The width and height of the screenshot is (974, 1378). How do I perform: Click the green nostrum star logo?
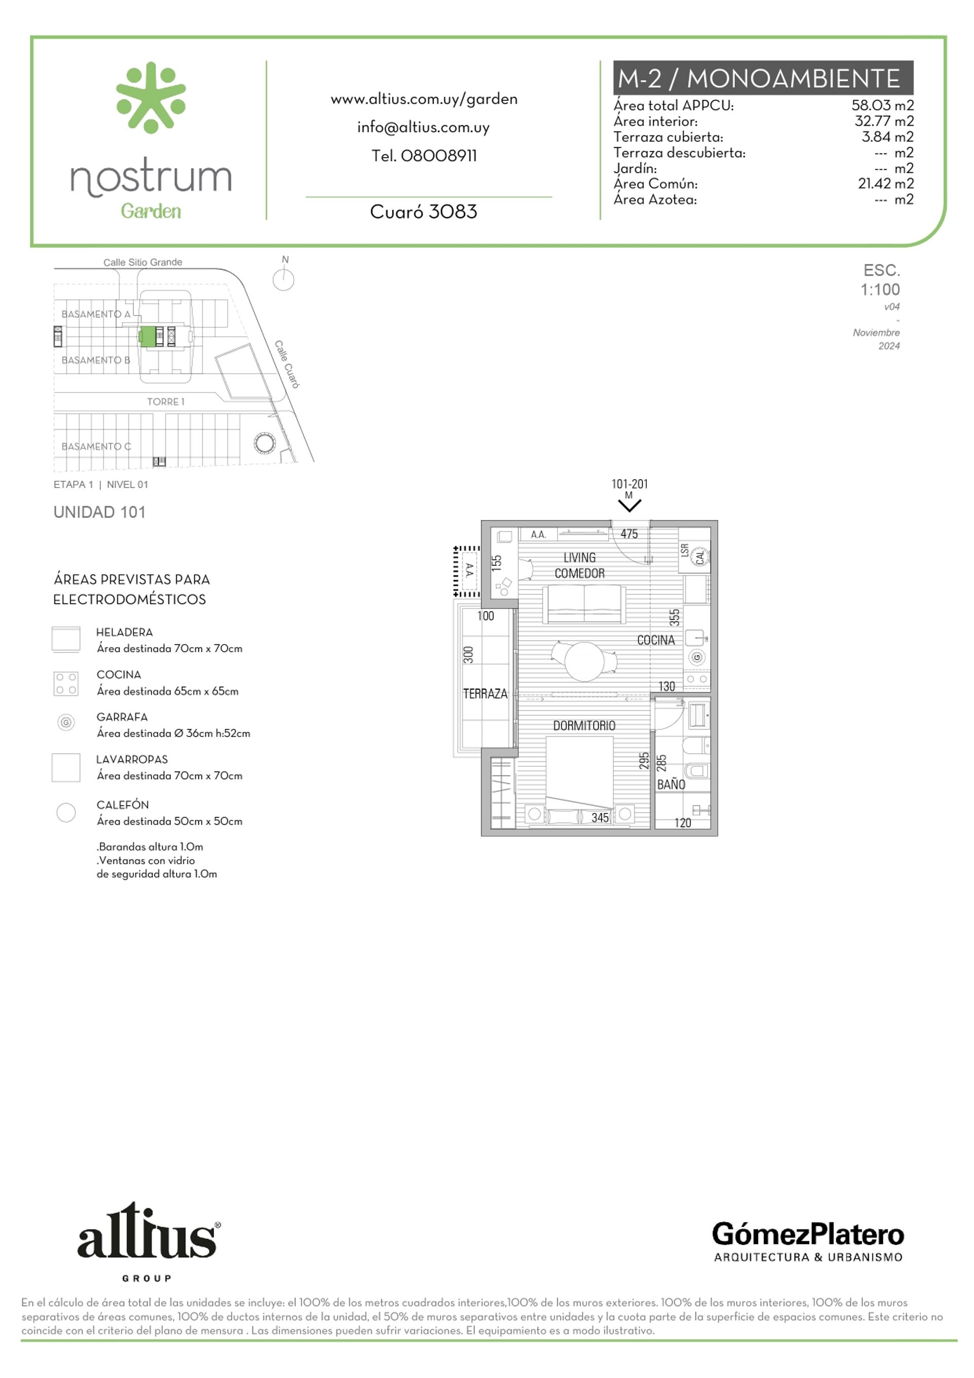tap(151, 97)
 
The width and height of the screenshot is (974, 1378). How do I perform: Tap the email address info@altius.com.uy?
tap(424, 128)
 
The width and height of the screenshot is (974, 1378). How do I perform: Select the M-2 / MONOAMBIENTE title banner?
tap(762, 78)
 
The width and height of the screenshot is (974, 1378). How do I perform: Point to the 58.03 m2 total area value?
tap(882, 105)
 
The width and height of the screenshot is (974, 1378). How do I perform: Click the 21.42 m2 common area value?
tap(885, 184)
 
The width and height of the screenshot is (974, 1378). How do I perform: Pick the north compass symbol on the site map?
tap(284, 278)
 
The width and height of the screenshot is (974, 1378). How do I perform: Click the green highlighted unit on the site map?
tap(147, 336)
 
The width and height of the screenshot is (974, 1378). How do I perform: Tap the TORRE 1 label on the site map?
tap(166, 402)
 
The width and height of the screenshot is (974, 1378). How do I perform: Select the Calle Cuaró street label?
tap(287, 364)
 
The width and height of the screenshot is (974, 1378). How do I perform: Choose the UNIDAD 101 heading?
tap(99, 512)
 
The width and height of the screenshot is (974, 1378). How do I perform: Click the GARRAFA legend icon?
tap(66, 722)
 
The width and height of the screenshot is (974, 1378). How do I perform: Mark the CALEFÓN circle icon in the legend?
tap(66, 812)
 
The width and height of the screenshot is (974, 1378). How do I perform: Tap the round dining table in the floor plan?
tap(584, 661)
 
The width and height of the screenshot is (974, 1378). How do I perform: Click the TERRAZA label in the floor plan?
tap(485, 694)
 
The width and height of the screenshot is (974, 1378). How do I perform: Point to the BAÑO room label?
tap(671, 785)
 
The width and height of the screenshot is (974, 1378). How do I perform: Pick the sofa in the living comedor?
tap(584, 605)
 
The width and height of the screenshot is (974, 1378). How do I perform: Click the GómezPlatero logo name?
tap(808, 1234)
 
